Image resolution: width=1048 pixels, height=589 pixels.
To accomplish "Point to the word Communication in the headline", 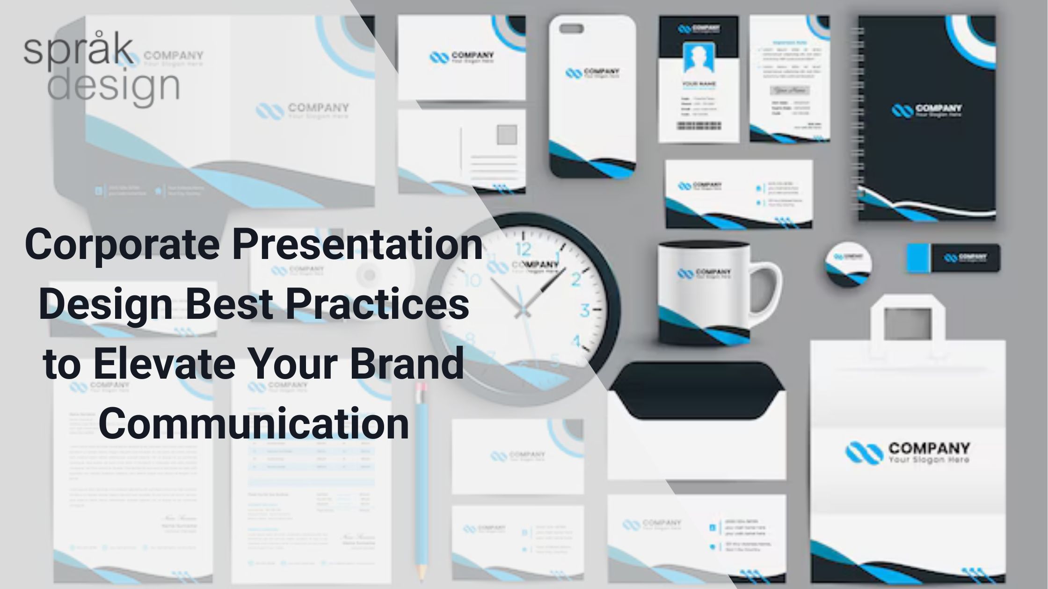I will click(254, 423).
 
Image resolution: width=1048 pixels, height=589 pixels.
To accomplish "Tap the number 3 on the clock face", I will click(585, 310).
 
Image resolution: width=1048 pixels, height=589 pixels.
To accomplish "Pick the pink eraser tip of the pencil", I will click(421, 388).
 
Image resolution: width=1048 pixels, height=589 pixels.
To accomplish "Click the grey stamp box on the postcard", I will click(507, 135).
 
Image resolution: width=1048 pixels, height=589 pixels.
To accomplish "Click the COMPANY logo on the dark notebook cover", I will click(926, 110).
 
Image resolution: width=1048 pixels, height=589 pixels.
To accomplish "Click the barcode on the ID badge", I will click(699, 126).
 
